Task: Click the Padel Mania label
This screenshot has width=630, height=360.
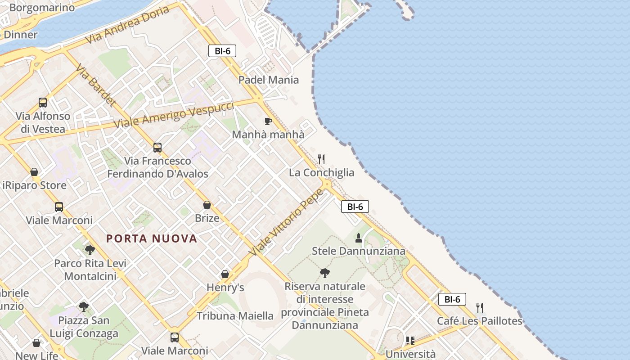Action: pos(268,80)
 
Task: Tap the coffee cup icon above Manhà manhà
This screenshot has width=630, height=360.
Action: pos(268,121)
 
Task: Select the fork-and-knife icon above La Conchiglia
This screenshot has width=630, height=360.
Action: pos(321,159)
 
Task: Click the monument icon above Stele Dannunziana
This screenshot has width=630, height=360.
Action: pos(359,238)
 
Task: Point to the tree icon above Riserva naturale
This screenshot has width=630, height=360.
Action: pos(324,273)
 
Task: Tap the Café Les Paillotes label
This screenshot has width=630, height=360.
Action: pos(480,321)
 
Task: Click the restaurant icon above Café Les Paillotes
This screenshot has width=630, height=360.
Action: pos(480,308)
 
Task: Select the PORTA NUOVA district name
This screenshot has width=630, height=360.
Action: pos(152,238)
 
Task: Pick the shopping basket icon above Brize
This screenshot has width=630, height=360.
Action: pos(207,205)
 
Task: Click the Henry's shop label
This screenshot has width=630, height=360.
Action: pos(225,288)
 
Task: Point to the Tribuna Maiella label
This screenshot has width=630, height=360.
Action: pos(235,316)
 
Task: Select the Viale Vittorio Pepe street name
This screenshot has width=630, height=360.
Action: pos(286,222)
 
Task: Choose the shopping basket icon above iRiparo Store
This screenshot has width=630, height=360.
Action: pos(34,172)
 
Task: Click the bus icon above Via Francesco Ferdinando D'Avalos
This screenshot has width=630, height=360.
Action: pos(157,147)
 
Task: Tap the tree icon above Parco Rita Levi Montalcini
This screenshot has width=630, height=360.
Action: pos(90,250)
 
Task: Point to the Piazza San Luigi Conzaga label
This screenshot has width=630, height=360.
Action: pos(84,327)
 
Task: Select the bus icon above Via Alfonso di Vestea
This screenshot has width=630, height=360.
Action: pos(43,103)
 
